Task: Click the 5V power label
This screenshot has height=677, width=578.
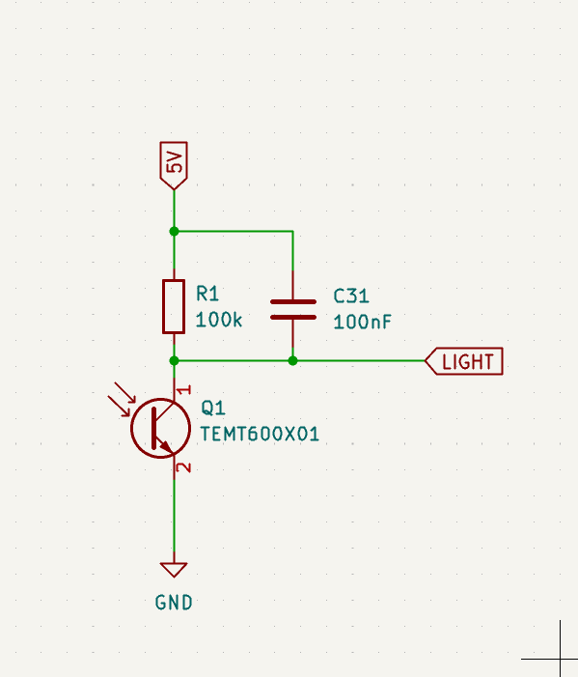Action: pyautogui.click(x=174, y=165)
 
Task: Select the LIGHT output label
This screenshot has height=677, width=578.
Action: pyautogui.click(x=464, y=361)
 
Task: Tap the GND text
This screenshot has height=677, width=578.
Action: pyautogui.click(x=174, y=603)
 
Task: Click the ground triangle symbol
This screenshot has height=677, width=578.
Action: pyautogui.click(x=174, y=570)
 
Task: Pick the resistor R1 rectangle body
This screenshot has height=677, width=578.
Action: pyautogui.click(x=174, y=306)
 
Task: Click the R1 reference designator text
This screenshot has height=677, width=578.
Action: pyautogui.click(x=207, y=294)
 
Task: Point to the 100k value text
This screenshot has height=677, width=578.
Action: pyautogui.click(x=219, y=320)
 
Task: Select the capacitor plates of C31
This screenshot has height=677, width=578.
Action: pyautogui.click(x=293, y=310)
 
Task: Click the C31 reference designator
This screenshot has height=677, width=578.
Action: pyautogui.click(x=351, y=296)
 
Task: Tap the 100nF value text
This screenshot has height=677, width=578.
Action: pyautogui.click(x=362, y=323)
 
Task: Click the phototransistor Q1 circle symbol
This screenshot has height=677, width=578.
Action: pyautogui.click(x=131, y=428)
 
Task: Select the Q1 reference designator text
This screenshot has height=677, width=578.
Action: pyautogui.click(x=213, y=408)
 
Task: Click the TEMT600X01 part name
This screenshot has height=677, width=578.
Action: pyautogui.click(x=260, y=434)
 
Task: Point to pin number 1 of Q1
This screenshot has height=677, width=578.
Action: pyautogui.click(x=184, y=389)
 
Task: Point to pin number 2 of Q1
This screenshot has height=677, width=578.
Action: pyautogui.click(x=184, y=467)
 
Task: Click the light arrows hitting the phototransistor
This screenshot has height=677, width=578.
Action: pyautogui.click(x=122, y=399)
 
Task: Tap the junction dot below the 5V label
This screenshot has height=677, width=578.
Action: pyautogui.click(x=174, y=232)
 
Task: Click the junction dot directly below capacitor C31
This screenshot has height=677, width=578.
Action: pyautogui.click(x=293, y=360)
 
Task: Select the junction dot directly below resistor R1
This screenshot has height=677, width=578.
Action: pyautogui.click(x=174, y=360)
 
